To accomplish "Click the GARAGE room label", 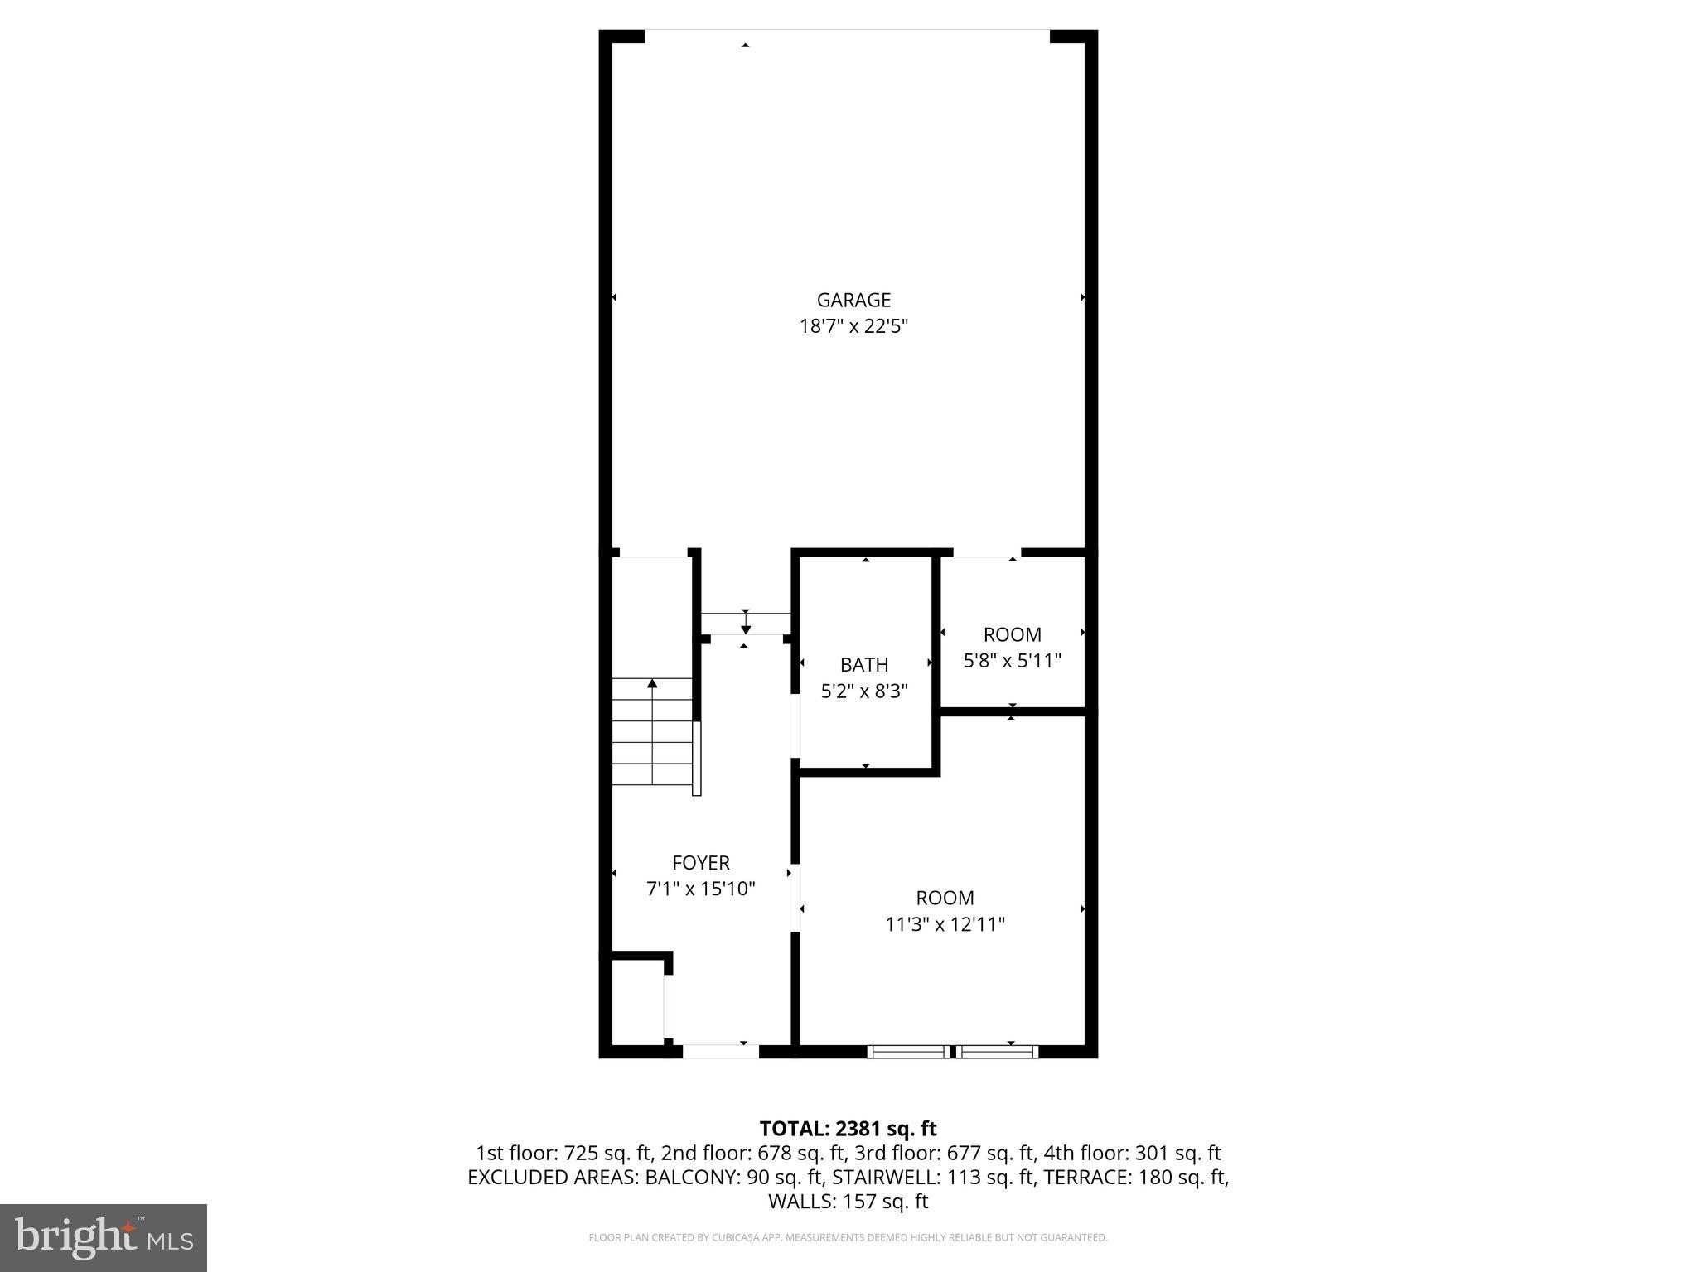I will (853, 300).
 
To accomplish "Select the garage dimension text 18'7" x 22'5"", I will (853, 326).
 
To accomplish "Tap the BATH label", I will (864, 664).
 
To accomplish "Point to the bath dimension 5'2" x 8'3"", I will (864, 691).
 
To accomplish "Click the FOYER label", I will (701, 863).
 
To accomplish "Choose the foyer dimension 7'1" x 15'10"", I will (701, 889).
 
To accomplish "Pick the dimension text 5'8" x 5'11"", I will (1012, 661).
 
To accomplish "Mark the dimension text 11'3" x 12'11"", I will (945, 924).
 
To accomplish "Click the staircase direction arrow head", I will (652, 683).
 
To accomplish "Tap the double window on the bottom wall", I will (953, 1052).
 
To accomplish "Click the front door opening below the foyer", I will (720, 1052).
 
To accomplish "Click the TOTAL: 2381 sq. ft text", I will (848, 1129).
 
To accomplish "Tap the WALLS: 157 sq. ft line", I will (848, 1201).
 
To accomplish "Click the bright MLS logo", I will (104, 1237).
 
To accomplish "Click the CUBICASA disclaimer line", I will (848, 1238).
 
